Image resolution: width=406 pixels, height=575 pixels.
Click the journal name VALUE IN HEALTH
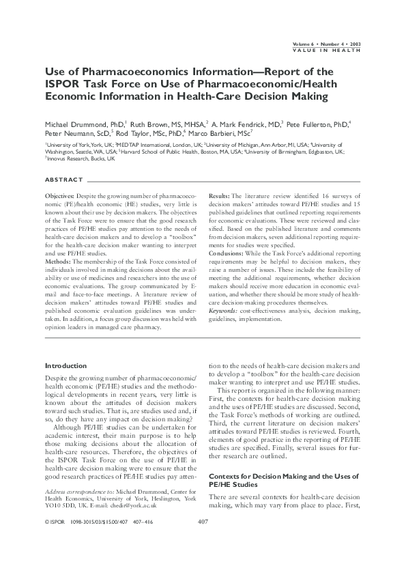(x=328, y=50)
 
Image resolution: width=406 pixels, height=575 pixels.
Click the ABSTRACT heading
(x=63, y=180)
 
